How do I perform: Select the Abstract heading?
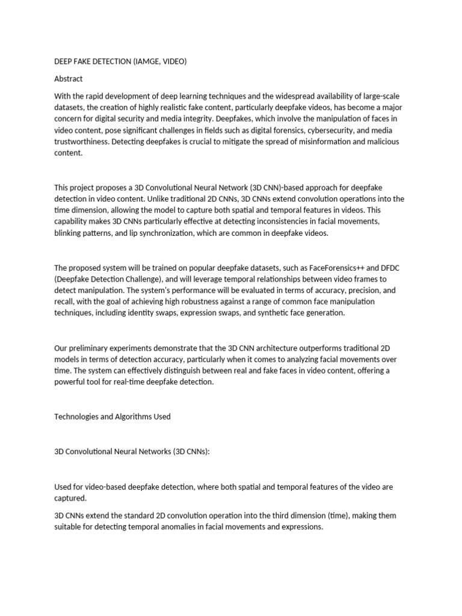pos(69,79)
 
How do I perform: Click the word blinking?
pos(69,233)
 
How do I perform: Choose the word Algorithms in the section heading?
pos(126,416)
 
